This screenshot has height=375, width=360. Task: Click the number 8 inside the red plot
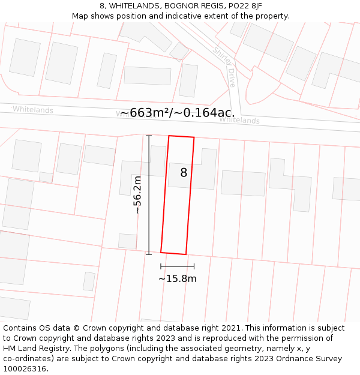[x=184, y=173]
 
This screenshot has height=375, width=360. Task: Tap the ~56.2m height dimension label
[x=137, y=195]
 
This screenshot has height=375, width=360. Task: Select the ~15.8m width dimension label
[x=177, y=278]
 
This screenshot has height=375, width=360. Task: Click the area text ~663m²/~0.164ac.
[x=178, y=113]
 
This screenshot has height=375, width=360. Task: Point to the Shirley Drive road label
[x=224, y=67]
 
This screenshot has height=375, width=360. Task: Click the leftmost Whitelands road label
[x=33, y=110]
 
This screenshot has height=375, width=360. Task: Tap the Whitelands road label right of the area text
[x=239, y=121]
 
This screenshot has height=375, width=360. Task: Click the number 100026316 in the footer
[x=26, y=369]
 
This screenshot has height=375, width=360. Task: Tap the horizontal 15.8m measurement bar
[x=177, y=266]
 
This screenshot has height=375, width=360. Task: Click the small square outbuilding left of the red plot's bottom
[x=127, y=241]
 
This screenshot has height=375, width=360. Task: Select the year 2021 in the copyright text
[x=231, y=328]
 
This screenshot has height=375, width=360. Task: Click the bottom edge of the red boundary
[x=173, y=253]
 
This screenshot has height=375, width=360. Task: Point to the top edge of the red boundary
[x=181, y=137]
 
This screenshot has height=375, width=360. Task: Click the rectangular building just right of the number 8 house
[x=243, y=183]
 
